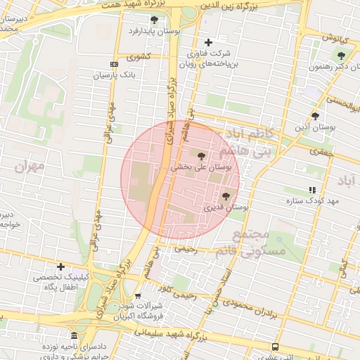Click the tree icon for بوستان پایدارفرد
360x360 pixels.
pyautogui.click(x=155, y=20)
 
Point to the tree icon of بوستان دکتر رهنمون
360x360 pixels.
pyautogui.click(x=342, y=56)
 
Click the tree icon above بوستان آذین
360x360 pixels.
pyautogui.click(x=314, y=116)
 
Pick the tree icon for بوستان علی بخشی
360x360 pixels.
pyautogui.click(x=201, y=156)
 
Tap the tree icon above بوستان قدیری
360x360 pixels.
pyautogui.click(x=225, y=196)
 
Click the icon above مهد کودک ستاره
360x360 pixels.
pyautogui.click(x=312, y=190)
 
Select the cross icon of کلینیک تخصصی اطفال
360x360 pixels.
pyautogui.click(x=61, y=266)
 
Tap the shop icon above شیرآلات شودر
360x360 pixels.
pyautogui.click(x=137, y=296)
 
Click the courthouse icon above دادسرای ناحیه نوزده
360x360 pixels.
pyautogui.click(x=75, y=335)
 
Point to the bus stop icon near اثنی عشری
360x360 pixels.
pyautogui.click(x=275, y=347)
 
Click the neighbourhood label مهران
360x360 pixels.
pyautogui.click(x=30, y=167)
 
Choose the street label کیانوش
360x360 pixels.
pyautogui.click(x=335, y=37)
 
